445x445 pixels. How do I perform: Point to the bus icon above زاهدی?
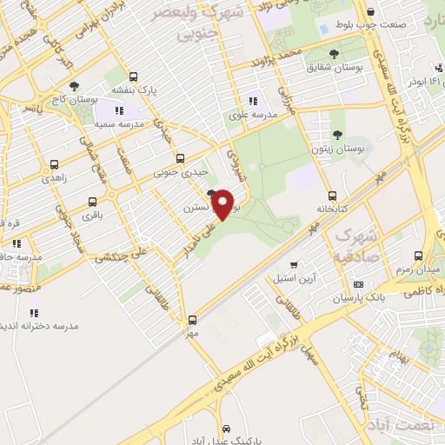click(x=55, y=163)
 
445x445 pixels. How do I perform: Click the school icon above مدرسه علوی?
click(x=253, y=100)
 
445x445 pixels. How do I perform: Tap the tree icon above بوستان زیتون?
click(x=337, y=134)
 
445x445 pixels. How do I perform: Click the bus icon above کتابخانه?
click(x=332, y=196)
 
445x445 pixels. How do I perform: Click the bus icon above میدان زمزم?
click(x=419, y=256)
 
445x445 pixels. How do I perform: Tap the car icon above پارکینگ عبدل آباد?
click(x=226, y=430)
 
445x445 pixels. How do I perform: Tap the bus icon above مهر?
click(x=193, y=319)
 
